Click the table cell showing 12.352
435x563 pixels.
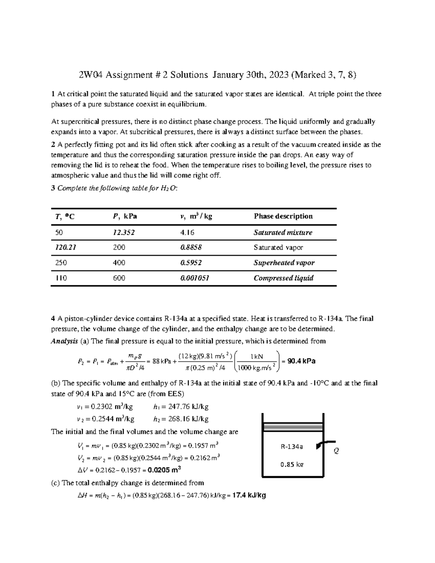pyautogui.click(x=124, y=233)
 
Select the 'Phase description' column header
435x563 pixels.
pyautogui.click(x=283, y=216)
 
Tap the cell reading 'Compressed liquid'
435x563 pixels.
pyautogui.click(x=283, y=278)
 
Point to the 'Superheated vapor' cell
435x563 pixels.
pyautogui.click(x=284, y=263)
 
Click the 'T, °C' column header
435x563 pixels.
pyautogui.click(x=65, y=217)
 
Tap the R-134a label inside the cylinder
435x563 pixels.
pyautogui.click(x=292, y=447)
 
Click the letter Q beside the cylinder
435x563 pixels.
pyautogui.click(x=336, y=451)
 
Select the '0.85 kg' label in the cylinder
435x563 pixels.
pyautogui.click(x=292, y=464)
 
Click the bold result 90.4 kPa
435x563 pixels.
pyautogui.click(x=301, y=361)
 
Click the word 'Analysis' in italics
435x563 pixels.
pyautogui.click(x=64, y=341)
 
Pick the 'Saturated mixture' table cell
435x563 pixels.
pyautogui.click(x=283, y=233)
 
